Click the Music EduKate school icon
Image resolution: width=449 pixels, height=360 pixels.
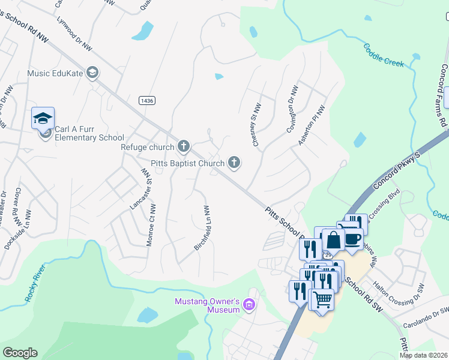click(92, 73)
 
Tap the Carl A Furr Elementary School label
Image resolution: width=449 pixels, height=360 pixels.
click(89, 133)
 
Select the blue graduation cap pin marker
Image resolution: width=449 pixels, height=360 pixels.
click(43, 118)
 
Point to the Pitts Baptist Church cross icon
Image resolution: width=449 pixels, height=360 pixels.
click(234, 162)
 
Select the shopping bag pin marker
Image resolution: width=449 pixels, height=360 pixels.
click(333, 240)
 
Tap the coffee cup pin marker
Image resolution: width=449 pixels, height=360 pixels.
click(353, 238)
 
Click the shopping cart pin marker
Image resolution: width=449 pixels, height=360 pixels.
click(322, 298)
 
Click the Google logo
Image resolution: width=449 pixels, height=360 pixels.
click(20, 353)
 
